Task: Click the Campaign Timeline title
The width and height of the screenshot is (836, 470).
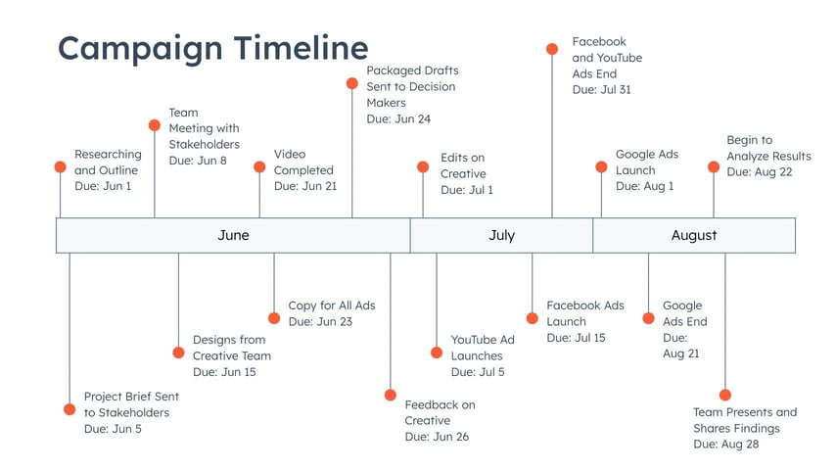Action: click(x=212, y=47)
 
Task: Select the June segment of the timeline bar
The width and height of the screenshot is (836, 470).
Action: click(x=233, y=235)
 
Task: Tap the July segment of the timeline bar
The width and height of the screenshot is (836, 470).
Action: click(x=501, y=235)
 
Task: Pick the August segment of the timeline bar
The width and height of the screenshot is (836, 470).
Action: click(x=694, y=235)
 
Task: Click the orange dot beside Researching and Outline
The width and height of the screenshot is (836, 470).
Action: click(x=61, y=167)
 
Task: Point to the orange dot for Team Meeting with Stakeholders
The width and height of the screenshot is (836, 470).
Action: click(x=155, y=125)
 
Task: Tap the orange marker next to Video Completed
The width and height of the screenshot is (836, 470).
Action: click(x=259, y=167)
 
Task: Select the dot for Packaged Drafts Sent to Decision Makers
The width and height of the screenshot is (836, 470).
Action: click(x=352, y=84)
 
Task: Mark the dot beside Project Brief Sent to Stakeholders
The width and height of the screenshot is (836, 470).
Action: click(x=70, y=409)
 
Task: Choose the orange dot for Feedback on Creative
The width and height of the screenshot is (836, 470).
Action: click(x=391, y=396)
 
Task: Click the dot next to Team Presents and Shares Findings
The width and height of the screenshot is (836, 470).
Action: click(x=725, y=396)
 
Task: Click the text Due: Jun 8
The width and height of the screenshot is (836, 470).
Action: click(x=198, y=160)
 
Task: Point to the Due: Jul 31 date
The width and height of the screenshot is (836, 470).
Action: click(x=601, y=90)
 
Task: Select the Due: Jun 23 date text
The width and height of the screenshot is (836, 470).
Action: click(x=320, y=321)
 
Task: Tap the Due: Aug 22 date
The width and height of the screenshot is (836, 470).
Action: click(x=759, y=171)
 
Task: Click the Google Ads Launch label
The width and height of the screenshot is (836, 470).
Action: click(x=647, y=162)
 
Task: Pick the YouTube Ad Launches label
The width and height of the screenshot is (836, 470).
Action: click(x=483, y=348)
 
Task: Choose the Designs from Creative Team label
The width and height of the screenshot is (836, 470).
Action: click(x=232, y=348)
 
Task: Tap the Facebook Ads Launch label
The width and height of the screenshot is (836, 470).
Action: click(x=585, y=313)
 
